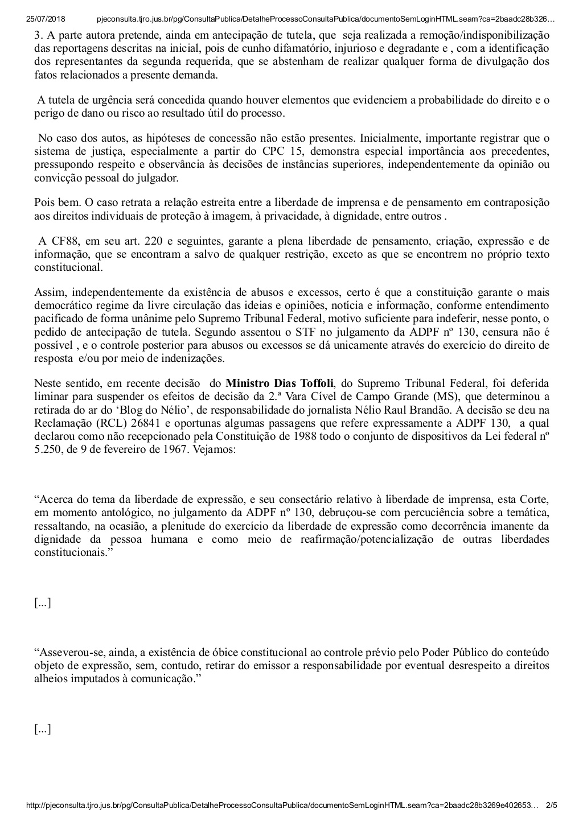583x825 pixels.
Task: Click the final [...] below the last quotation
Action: [43, 729]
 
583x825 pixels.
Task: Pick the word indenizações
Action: [195, 358]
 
